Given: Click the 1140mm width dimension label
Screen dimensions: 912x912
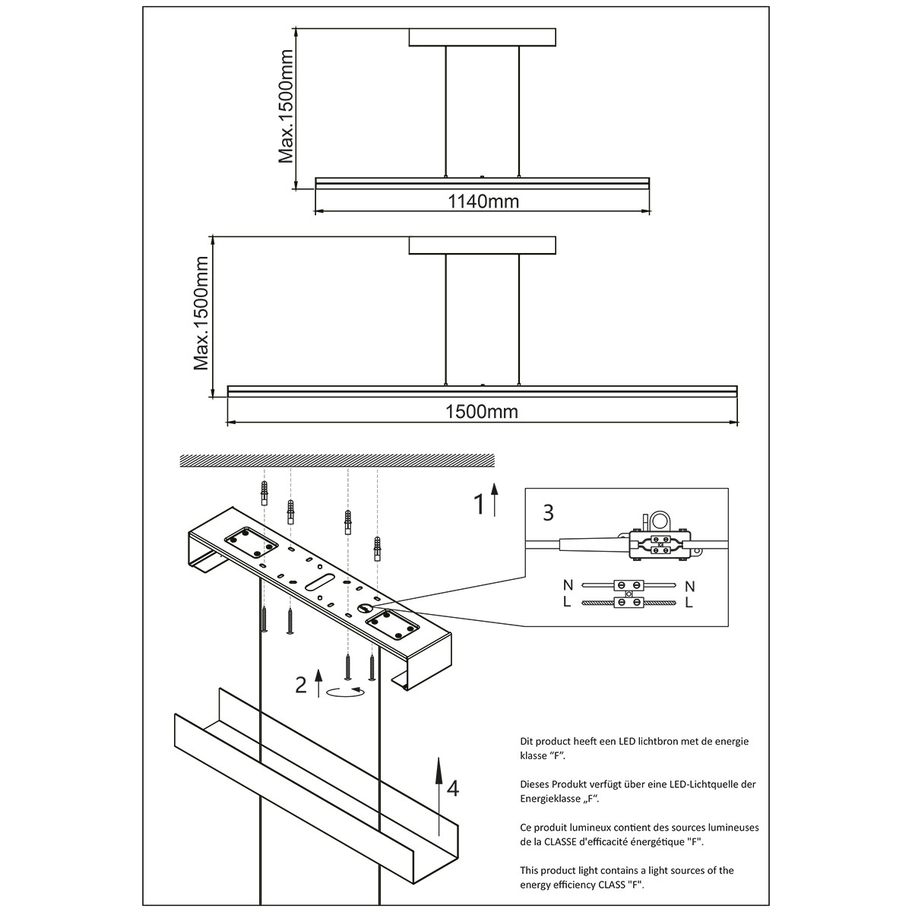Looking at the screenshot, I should click(483, 201).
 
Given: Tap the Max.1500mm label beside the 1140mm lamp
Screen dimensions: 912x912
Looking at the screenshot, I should click(286, 107).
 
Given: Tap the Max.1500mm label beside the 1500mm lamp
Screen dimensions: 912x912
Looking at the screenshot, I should click(201, 313).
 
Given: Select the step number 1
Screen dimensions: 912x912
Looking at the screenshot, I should click(480, 504).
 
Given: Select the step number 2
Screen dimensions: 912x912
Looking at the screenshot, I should click(301, 686).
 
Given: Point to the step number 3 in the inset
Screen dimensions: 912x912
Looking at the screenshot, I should click(548, 512).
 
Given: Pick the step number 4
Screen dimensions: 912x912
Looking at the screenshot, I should click(453, 789).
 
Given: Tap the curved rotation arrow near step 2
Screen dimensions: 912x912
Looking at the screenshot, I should click(345, 692).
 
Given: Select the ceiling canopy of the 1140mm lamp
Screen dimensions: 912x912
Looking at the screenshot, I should click(483, 36).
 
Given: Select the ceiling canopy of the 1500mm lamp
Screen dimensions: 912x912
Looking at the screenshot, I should click(483, 245).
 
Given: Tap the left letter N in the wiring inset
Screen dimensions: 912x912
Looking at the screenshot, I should click(568, 586).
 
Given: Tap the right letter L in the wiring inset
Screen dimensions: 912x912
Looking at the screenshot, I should click(689, 603).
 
